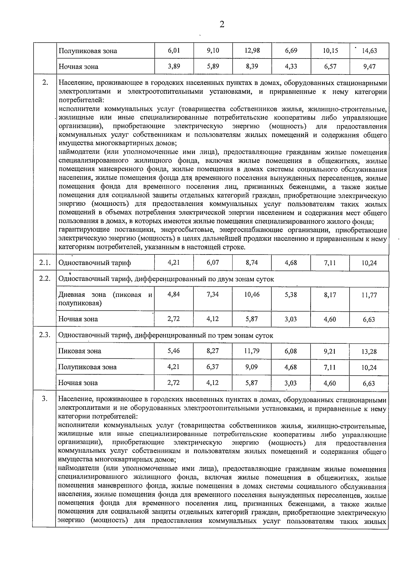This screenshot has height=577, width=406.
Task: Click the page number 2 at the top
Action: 222,24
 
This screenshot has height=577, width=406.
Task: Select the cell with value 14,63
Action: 369,51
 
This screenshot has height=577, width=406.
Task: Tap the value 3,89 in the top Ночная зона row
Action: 174,66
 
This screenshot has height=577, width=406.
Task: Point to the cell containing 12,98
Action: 252,50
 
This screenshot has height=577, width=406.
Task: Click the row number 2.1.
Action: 44,263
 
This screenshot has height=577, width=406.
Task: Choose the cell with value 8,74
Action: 252,262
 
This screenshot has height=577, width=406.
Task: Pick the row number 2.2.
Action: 44,278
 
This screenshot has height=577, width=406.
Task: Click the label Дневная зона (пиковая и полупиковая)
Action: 105,299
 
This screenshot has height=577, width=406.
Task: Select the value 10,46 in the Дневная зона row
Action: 252,294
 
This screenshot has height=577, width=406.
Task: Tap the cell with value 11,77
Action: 369,295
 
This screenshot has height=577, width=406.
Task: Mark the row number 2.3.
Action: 44,335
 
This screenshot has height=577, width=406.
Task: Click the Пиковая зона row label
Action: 80,351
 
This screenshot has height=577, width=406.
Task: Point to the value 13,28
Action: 369,352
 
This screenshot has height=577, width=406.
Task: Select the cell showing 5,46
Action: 174,351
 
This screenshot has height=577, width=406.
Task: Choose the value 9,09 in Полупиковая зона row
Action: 252,367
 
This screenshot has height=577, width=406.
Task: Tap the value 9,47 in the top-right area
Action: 369,67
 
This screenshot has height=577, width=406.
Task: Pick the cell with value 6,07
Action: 213,262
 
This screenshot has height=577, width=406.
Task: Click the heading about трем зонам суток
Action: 166,335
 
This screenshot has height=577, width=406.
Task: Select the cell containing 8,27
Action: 213,351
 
